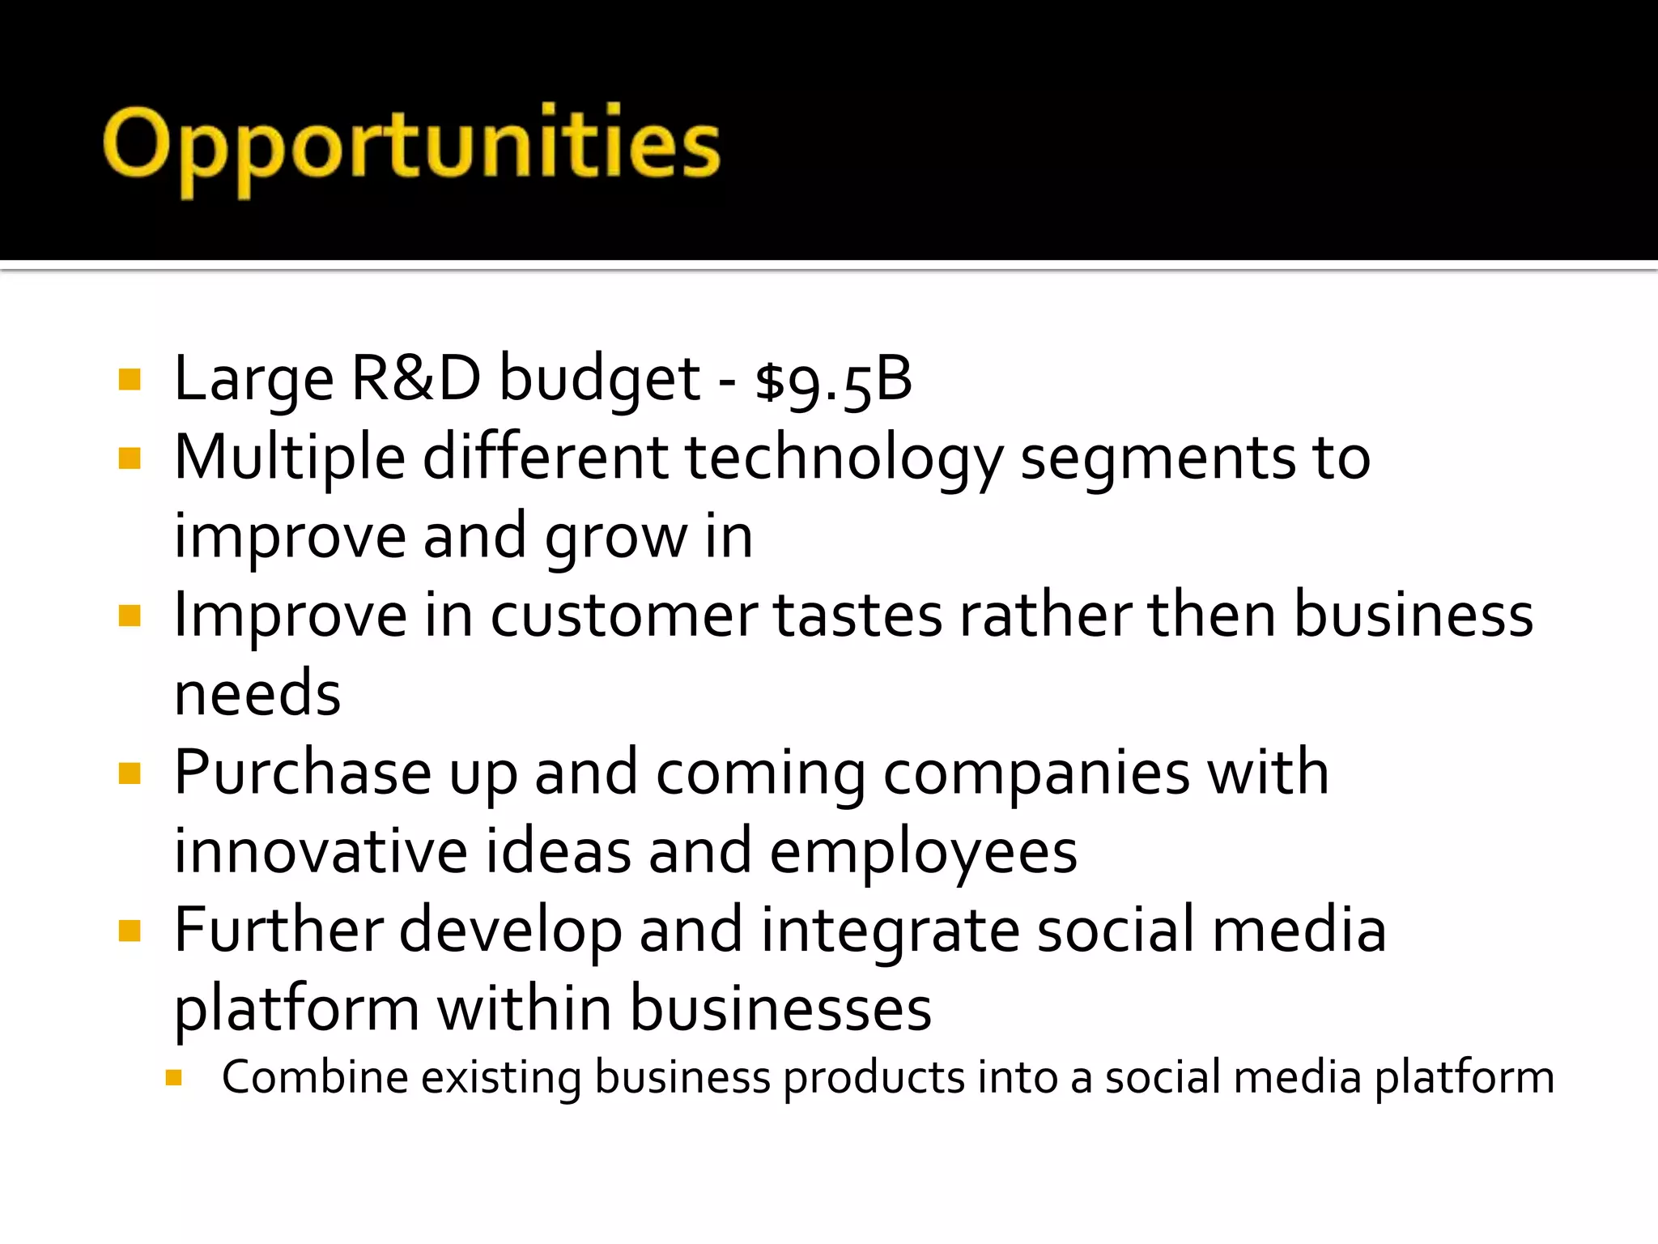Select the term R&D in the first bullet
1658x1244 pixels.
[x=416, y=378]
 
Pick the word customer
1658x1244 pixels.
[x=624, y=616]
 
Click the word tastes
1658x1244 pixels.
[x=858, y=616]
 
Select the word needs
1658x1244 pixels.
[x=257, y=694]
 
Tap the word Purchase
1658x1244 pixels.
[x=303, y=773]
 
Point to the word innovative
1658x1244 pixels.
[x=321, y=851]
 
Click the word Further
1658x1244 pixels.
[x=278, y=930]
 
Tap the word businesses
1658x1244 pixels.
[x=780, y=1008]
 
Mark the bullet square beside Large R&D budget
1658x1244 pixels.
[x=130, y=380]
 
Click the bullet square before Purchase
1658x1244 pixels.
[x=130, y=774]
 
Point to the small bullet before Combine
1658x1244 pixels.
[x=173, y=1078]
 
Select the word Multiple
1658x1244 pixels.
[x=290, y=458]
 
